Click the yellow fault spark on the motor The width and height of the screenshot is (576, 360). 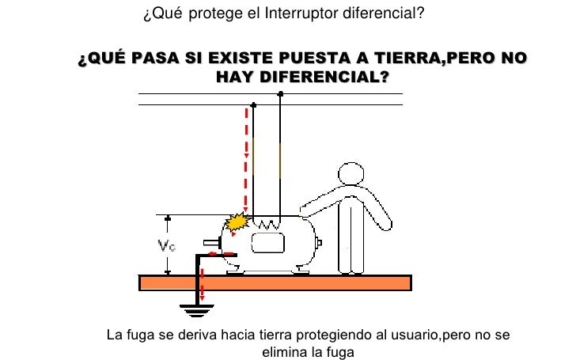236,223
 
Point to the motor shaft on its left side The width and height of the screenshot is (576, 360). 211,241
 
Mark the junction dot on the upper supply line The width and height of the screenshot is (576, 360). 281,93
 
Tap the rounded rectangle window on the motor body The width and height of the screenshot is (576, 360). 267,243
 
